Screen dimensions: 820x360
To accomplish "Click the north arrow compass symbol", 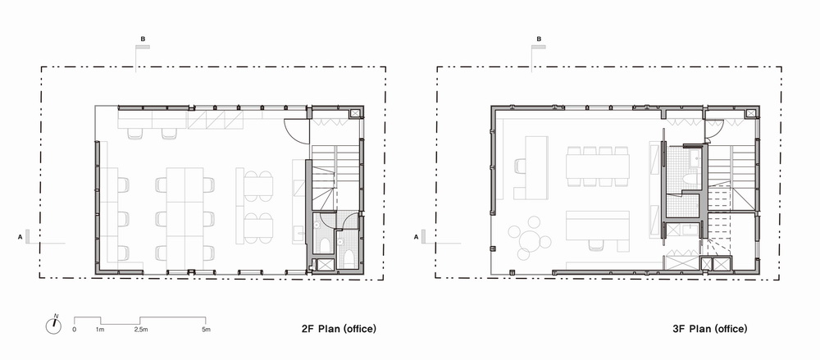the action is pos(53,326).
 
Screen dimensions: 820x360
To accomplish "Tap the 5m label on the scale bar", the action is pos(206,330).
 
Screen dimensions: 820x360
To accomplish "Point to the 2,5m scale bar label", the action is pos(141,330).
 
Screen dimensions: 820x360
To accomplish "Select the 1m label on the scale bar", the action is pos(100,330).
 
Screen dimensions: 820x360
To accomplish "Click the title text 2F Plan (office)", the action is pos(339,329).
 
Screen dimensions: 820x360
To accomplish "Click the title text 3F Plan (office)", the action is pos(709,329).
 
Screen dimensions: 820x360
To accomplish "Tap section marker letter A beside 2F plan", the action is pos(20,237).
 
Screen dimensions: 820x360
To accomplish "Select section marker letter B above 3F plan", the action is pos(540,39).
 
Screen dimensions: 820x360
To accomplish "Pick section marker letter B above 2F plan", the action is pos(143,39).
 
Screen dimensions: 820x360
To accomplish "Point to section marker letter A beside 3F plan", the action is pos(417,237).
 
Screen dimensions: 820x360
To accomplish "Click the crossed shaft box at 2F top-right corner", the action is pos(355,113).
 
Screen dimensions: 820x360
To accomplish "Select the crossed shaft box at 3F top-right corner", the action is pos(751,113).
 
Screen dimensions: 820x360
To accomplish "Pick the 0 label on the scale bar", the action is pos(75,330).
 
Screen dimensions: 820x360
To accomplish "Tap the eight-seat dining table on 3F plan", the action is pos(598,166).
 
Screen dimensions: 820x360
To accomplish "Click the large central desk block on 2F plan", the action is pos(184,214).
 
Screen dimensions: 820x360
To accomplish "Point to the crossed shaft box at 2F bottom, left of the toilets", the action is pos(326,265).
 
